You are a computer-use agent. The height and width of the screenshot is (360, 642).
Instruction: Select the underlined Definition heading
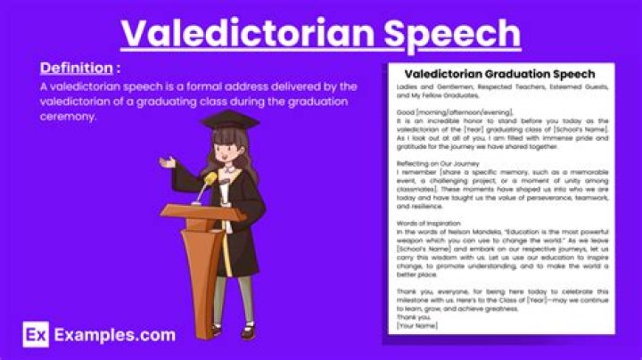76,68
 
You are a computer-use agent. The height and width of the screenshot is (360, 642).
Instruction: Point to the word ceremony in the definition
68,117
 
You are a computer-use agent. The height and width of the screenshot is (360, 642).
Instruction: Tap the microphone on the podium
207,182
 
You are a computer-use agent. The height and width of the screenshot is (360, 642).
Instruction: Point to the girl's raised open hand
167,162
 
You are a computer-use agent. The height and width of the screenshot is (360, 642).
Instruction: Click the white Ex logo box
35,335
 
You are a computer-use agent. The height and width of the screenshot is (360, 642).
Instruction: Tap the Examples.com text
113,335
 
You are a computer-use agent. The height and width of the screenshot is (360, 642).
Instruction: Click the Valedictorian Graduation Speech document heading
499,73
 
